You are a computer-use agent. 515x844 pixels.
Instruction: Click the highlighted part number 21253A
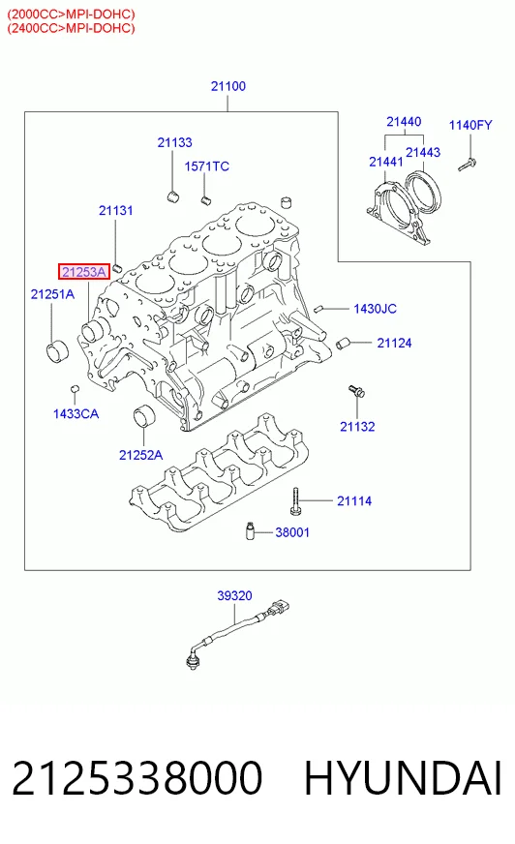pyautogui.click(x=84, y=272)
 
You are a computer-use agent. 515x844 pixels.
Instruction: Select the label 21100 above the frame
pyautogui.click(x=228, y=86)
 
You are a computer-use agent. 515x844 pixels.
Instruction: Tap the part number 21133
pyautogui.click(x=174, y=142)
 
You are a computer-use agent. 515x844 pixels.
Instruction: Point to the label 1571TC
pyautogui.click(x=206, y=166)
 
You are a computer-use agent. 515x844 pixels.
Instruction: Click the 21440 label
pyautogui.click(x=404, y=122)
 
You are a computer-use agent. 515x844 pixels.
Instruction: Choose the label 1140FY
pyautogui.click(x=470, y=125)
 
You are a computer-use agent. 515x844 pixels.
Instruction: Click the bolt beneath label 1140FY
pyautogui.click(x=467, y=165)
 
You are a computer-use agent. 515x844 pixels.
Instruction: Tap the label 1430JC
pyautogui.click(x=375, y=309)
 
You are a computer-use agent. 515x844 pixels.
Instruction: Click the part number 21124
pyautogui.click(x=394, y=343)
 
